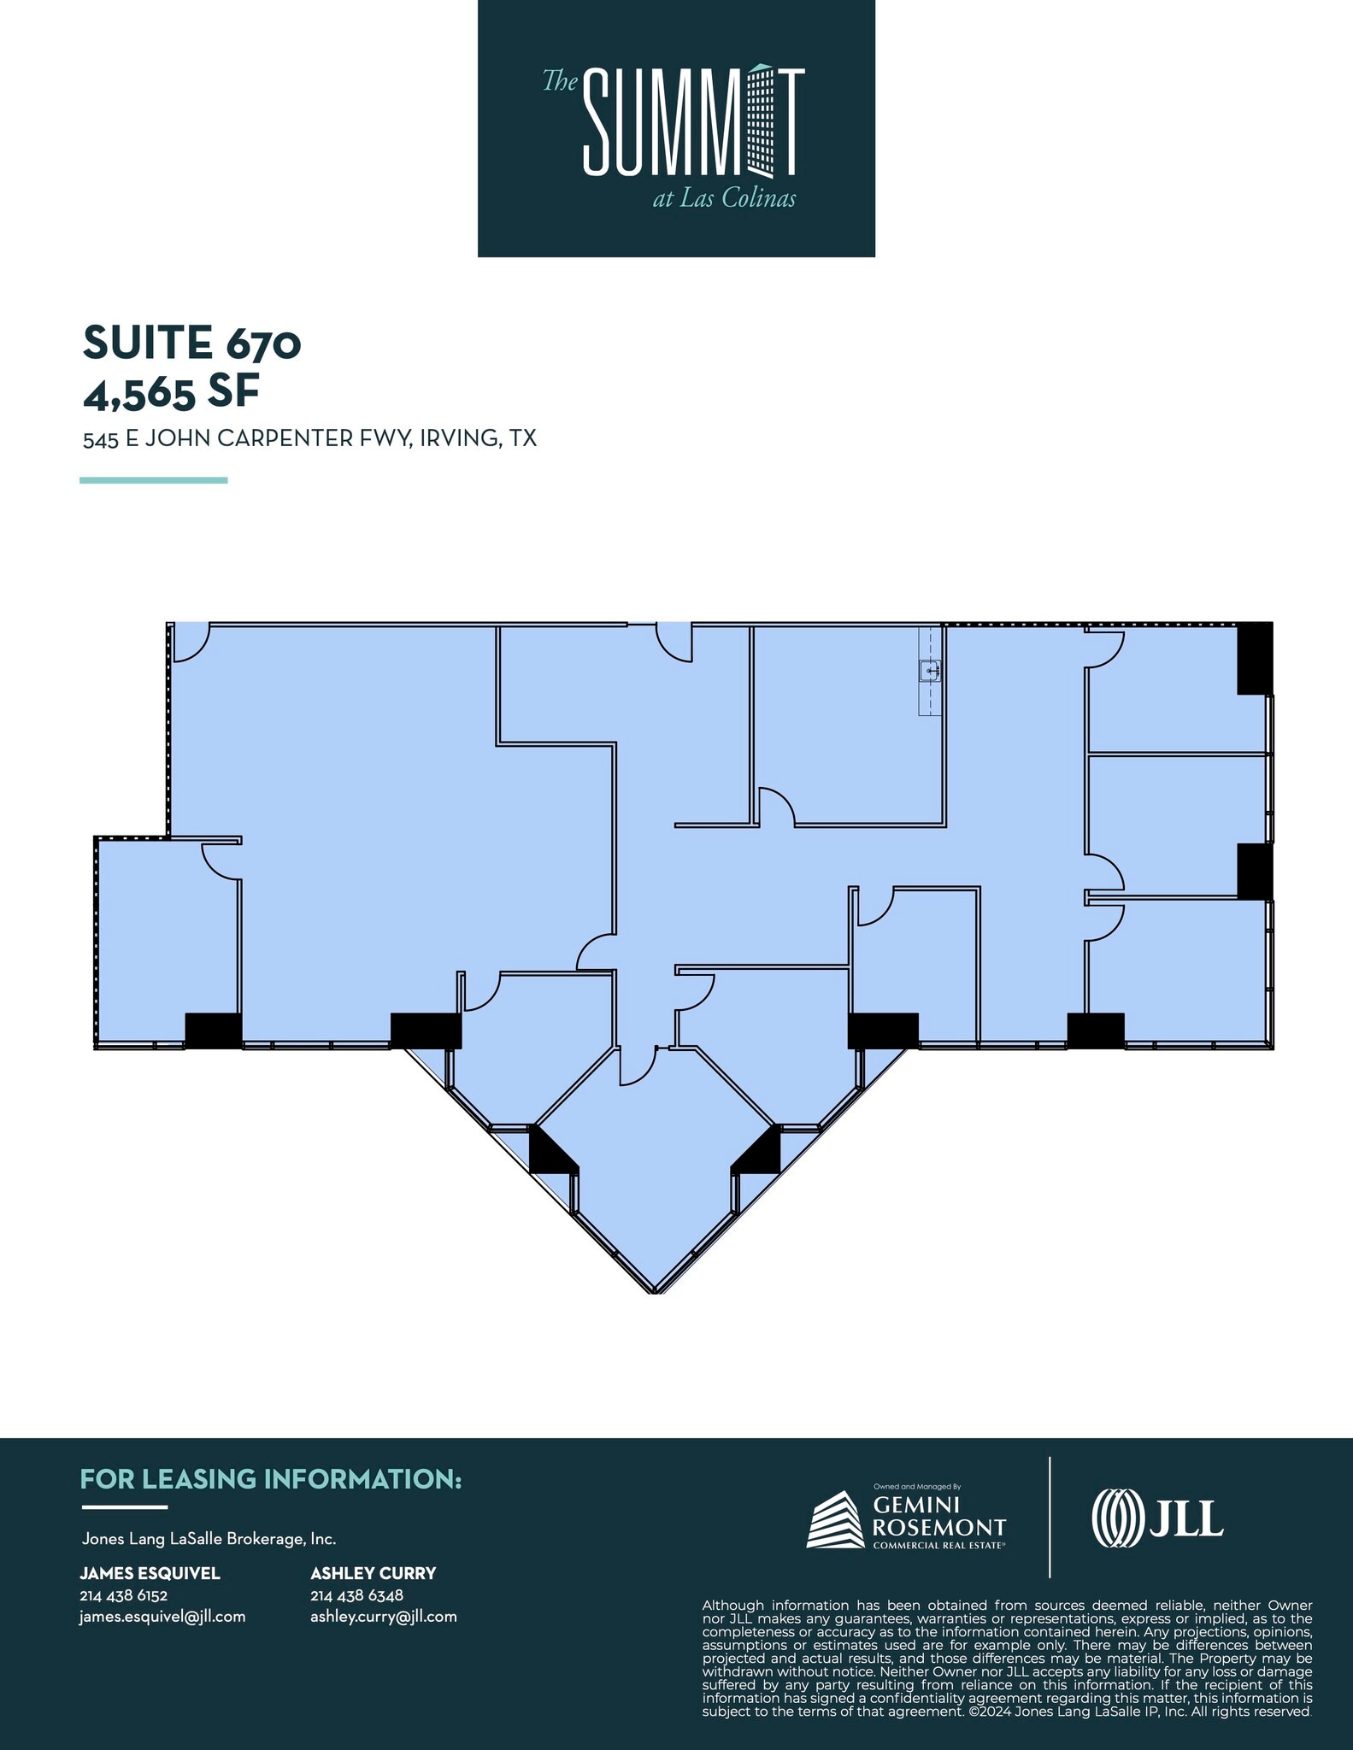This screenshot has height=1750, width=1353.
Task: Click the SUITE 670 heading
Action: (192, 343)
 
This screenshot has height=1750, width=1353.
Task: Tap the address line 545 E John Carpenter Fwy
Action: (309, 438)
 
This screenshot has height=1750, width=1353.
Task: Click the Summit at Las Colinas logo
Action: (676, 128)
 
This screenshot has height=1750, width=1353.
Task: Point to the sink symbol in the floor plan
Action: (930, 672)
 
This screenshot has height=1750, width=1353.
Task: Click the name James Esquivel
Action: (150, 1573)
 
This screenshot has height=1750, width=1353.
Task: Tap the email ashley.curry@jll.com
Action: (384, 1617)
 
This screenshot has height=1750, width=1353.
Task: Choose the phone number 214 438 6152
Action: (123, 1595)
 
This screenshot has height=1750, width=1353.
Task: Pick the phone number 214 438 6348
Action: (356, 1595)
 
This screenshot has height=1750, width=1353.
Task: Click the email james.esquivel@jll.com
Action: (162, 1617)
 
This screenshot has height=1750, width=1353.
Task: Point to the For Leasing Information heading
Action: (271, 1479)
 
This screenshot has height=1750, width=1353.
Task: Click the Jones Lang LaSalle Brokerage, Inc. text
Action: (209, 1539)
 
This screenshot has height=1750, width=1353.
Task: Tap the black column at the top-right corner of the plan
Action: (1255, 658)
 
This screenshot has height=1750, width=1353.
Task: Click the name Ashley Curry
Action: (374, 1573)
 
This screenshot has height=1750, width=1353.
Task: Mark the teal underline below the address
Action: (154, 480)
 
